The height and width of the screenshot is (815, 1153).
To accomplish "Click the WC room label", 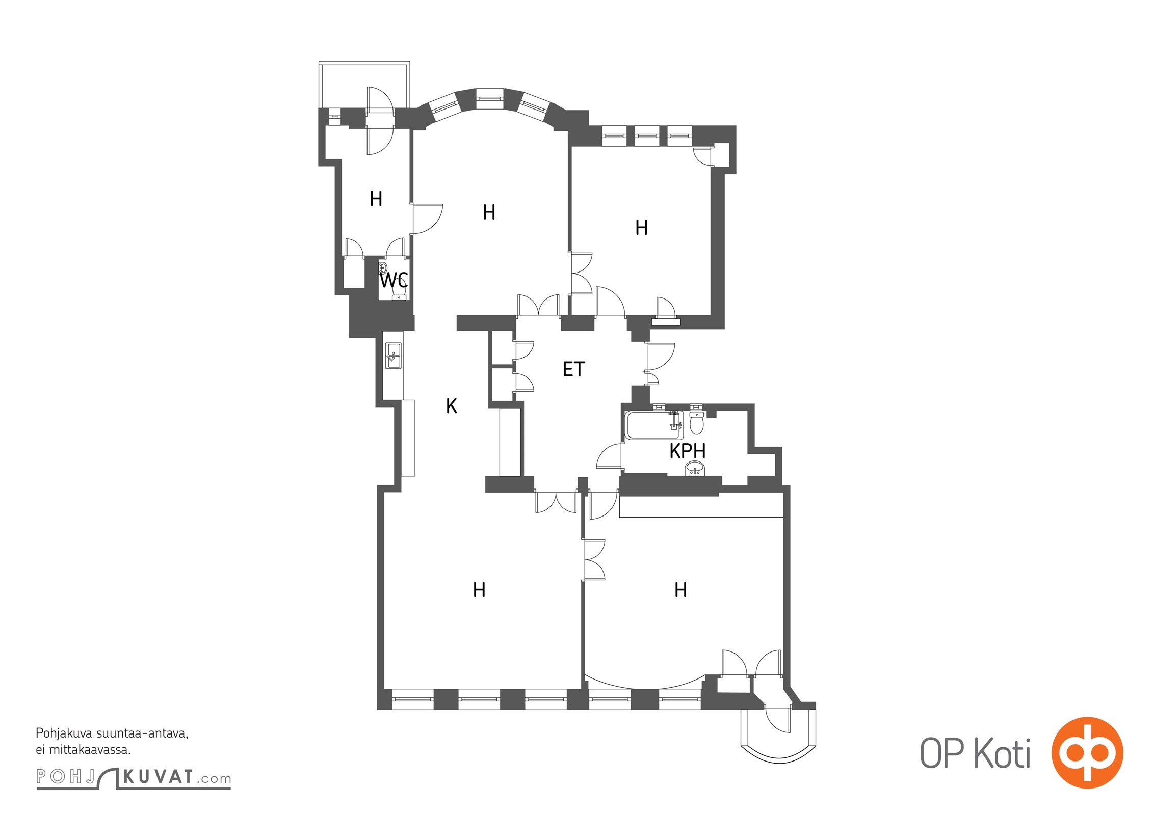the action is coord(394,280).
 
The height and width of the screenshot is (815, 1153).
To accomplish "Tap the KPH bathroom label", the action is coord(687,451).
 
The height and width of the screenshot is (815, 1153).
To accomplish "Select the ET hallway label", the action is coord(573,369).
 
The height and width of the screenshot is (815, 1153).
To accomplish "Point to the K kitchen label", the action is coord(451,406).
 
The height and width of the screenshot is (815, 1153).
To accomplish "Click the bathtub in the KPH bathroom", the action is coord(655,425).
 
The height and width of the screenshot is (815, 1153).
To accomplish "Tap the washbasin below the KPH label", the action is coord(695,468).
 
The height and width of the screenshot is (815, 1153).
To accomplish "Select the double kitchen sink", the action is coord(394,356).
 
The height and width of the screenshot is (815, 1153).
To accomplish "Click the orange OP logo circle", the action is coord(1087,752).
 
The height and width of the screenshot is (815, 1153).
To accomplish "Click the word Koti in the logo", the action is coord(1002,753).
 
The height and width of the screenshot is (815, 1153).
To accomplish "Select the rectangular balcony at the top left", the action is coord(364,85).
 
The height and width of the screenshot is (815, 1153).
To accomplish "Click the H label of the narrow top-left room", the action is coord(376,199).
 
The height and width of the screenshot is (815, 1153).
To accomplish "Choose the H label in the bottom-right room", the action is coord(680,590).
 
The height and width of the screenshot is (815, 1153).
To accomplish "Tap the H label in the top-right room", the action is coord(642,228).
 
